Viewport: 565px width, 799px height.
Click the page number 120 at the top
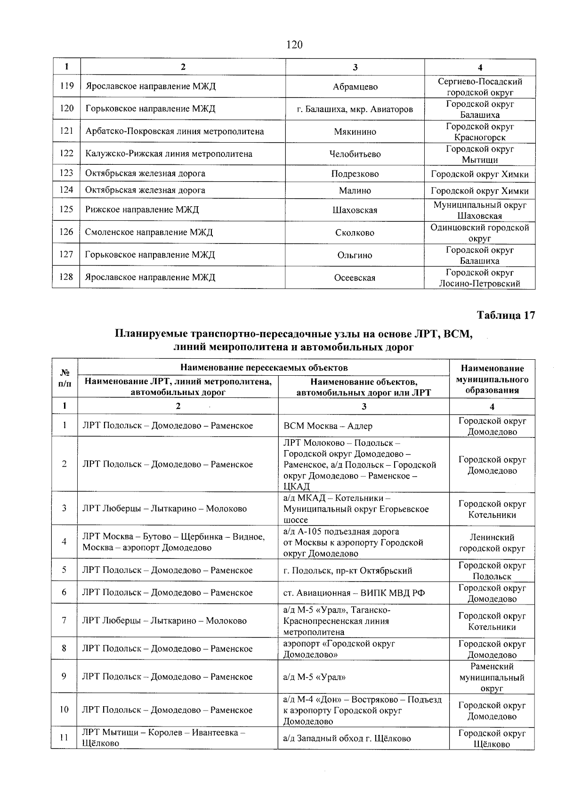coord(294,45)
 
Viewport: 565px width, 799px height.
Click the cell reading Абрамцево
coord(355,87)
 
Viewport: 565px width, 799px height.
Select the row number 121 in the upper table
coord(66,131)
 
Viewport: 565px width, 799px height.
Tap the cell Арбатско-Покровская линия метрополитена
coord(175,131)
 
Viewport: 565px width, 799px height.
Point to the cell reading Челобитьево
coord(355,154)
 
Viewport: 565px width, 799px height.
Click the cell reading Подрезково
coord(355,174)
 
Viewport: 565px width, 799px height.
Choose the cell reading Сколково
coord(355,233)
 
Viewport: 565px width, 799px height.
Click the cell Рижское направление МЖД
coord(142,210)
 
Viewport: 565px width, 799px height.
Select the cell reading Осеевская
coord(355,278)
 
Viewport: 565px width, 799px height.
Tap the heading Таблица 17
coord(506,315)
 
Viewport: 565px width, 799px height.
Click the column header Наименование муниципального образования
coord(492,379)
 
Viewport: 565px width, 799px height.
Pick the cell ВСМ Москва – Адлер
coord(328,426)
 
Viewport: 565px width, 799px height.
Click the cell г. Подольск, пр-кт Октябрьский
coord(347,571)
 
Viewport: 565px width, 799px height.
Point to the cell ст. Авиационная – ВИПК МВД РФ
coord(354,593)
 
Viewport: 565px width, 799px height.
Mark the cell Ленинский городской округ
coord(492,543)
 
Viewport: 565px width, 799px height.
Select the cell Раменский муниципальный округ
coord(492,678)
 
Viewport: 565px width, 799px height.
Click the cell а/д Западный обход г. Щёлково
coord(347,738)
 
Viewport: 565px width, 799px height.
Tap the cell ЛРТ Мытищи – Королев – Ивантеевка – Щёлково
coord(163,738)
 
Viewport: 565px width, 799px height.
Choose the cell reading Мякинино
coord(355,132)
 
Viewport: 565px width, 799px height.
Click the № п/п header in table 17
coord(65,378)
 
